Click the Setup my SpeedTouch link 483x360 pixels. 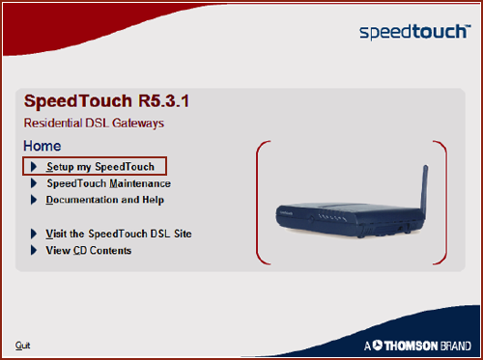99,167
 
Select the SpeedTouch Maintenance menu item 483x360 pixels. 108,183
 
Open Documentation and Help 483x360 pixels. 104,200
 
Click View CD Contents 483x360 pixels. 88,250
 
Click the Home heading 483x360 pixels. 42,146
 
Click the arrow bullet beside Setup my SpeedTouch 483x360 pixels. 34,167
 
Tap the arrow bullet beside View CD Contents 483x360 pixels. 34,250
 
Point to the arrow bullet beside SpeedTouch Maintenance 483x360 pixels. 34,183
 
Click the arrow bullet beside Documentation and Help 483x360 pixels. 34,200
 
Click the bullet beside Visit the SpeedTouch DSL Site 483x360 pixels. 34,234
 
